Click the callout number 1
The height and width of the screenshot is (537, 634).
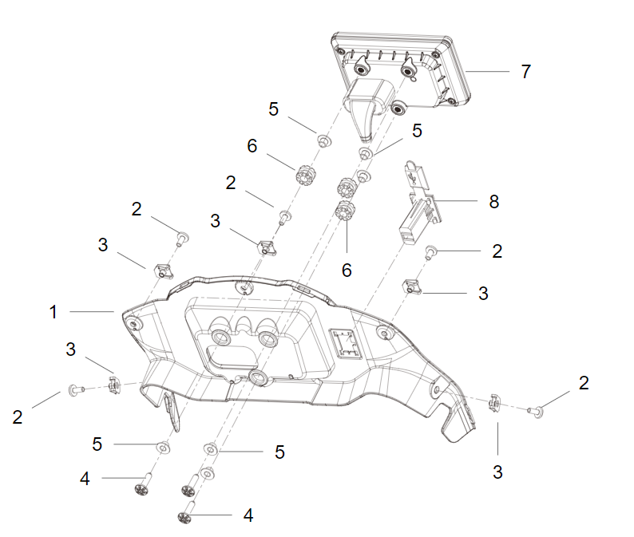click(53, 312)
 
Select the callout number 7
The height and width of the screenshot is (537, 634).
click(525, 72)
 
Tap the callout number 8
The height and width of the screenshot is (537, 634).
click(493, 201)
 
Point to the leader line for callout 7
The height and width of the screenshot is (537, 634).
click(487, 72)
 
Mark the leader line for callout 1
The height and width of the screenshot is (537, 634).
click(91, 311)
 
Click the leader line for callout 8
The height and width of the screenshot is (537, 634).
click(455, 200)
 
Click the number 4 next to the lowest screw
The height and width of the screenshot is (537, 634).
click(248, 515)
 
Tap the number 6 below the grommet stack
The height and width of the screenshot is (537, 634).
click(347, 270)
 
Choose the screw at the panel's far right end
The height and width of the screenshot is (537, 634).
click(535, 412)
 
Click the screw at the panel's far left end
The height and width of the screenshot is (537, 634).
click(77, 390)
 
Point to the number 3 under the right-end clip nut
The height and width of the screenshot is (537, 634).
click(497, 472)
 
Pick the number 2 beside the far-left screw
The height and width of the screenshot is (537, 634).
click(17, 417)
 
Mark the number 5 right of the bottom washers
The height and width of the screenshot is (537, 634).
click(279, 452)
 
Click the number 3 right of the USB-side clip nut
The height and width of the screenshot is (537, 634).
click(483, 294)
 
